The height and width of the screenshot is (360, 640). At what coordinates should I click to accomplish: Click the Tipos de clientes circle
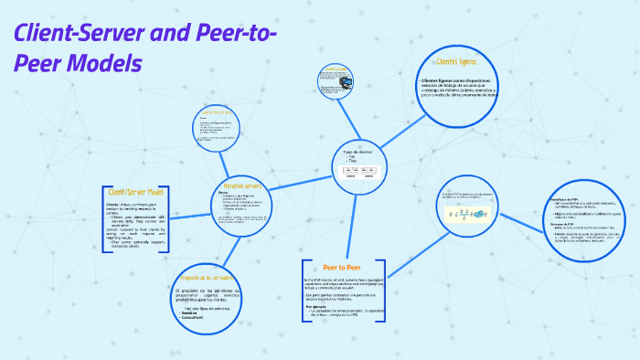tap(358, 164)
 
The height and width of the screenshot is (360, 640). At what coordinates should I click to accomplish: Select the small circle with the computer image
tap(338, 81)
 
